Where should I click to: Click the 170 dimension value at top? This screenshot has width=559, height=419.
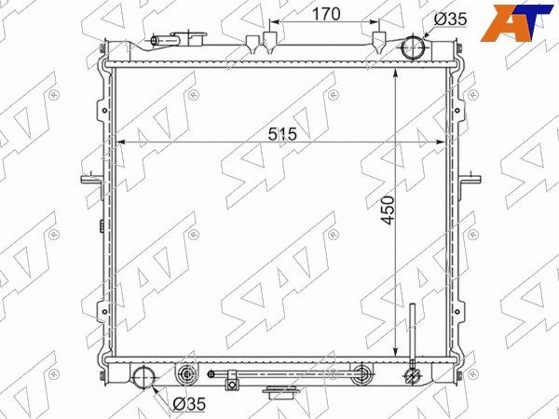point(326,14)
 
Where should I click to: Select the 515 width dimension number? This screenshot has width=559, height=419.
point(282,134)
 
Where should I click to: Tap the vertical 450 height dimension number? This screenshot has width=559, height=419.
point(388,209)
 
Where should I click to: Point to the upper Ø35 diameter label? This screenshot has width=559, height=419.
point(450,19)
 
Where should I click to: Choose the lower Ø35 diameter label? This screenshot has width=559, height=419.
point(189,404)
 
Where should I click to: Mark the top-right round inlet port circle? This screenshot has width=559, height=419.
point(414,47)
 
